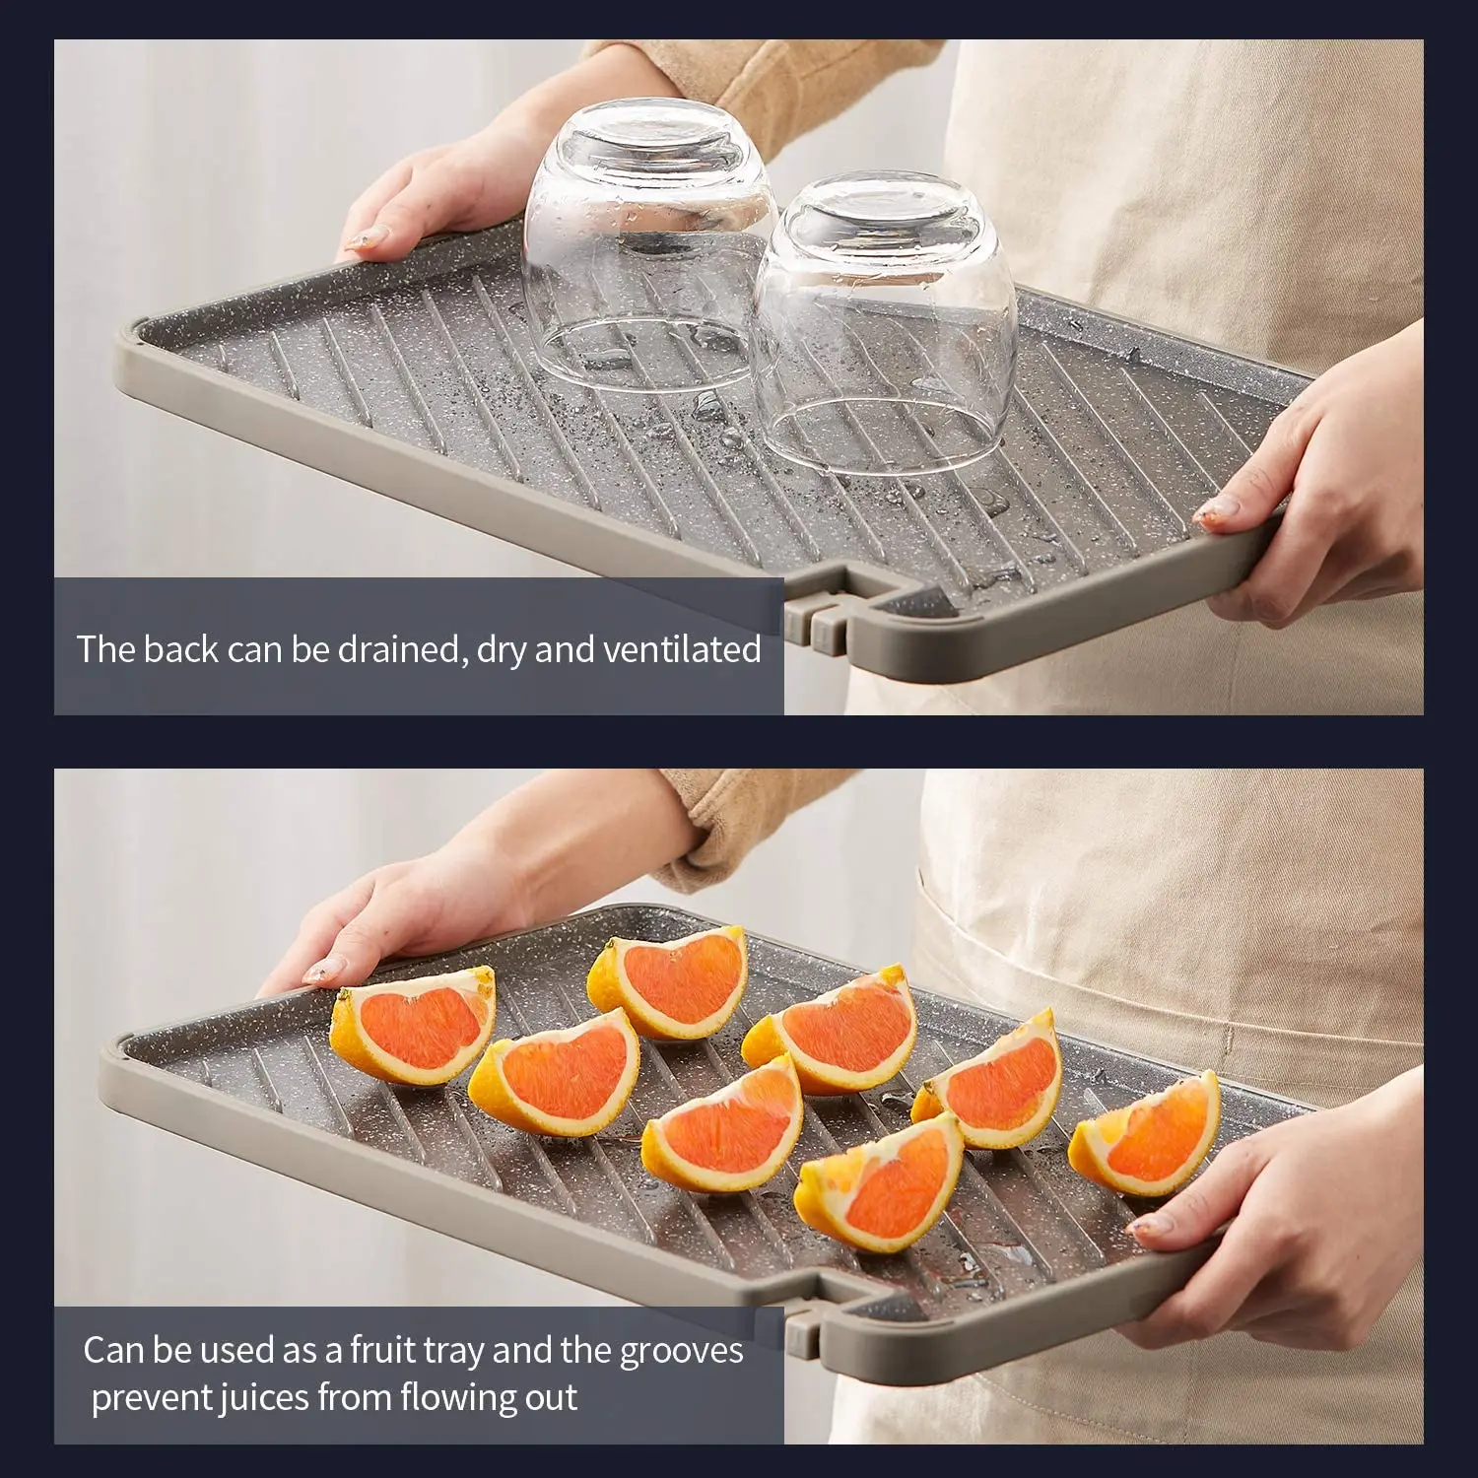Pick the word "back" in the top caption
[x=180, y=650]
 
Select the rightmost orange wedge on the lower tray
[x=1148, y=1133]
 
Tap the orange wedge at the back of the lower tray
[x=670, y=980]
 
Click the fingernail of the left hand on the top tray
[x=368, y=237]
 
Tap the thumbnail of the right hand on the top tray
[x=1220, y=508]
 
